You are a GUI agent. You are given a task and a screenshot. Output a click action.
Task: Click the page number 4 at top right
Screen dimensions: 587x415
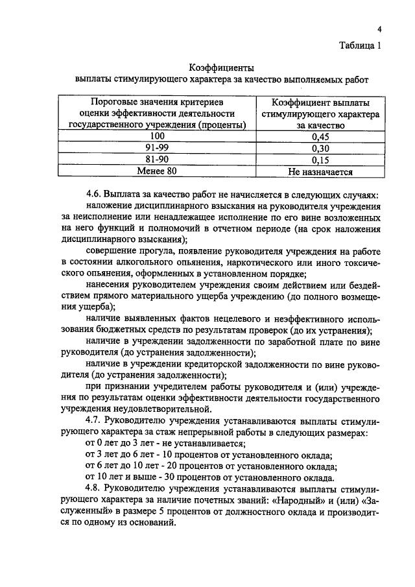tap(380, 30)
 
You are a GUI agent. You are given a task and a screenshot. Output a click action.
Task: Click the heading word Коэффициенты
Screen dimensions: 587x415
tap(221, 67)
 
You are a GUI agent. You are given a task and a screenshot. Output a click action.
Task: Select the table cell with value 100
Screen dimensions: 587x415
tap(158, 136)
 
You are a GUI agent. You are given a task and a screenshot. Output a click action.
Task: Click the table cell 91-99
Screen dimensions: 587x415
tap(158, 148)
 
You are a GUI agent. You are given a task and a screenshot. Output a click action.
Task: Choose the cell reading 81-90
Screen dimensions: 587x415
tap(158, 160)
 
